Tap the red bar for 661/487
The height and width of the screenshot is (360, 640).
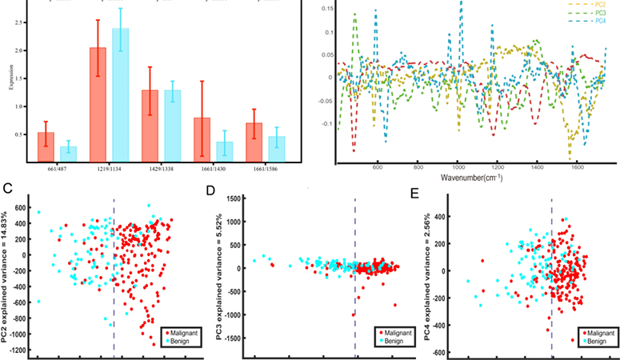[x=46, y=146]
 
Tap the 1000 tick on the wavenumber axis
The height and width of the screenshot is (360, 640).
[x=458, y=168]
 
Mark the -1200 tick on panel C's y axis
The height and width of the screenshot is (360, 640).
[x=18, y=350]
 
